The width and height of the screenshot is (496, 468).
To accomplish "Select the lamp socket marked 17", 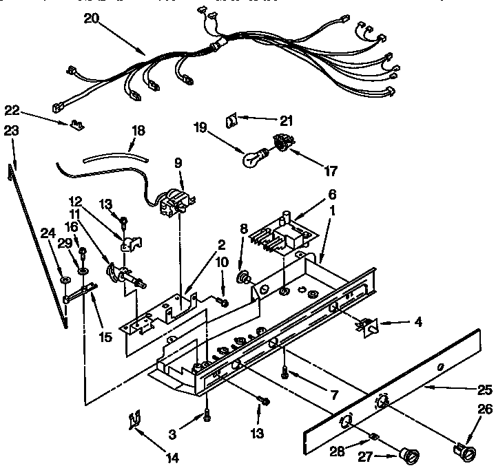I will [x=282, y=143].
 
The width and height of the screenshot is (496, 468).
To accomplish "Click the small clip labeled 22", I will [x=76, y=125].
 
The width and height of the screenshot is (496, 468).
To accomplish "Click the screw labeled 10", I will [x=224, y=301].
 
